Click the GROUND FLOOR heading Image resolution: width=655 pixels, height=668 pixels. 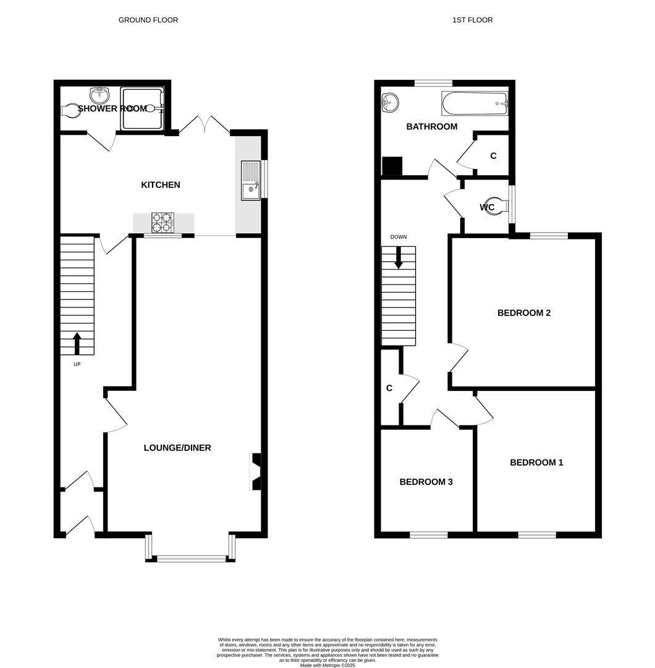pyautogui.click(x=148, y=20)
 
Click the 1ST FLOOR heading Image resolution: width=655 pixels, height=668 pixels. pyautogui.click(x=472, y=20)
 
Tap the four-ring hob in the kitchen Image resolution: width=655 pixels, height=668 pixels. pyautogui.click(x=163, y=223)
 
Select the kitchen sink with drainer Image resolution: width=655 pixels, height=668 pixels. pyautogui.click(x=251, y=181)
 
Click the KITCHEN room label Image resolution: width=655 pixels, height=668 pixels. pyautogui.click(x=161, y=185)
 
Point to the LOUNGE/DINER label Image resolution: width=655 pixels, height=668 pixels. pyautogui.click(x=177, y=448)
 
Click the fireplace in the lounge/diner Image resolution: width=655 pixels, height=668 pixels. pyautogui.click(x=256, y=471)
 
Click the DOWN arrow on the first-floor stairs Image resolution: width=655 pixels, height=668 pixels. pyautogui.click(x=399, y=257)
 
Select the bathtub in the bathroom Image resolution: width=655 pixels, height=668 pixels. pyautogui.click(x=475, y=103)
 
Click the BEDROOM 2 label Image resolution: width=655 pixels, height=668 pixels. pyautogui.click(x=524, y=313)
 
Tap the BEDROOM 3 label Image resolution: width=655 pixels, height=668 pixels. pyautogui.click(x=426, y=482)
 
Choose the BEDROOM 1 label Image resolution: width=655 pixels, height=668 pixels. pyautogui.click(x=536, y=463)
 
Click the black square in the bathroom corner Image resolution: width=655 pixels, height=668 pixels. pyautogui.click(x=392, y=166)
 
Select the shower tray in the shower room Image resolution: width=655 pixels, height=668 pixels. pyautogui.click(x=142, y=109)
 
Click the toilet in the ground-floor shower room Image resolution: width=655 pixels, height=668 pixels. pyautogui.click(x=73, y=110)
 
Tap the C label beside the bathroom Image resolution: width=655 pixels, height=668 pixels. pyautogui.click(x=493, y=156)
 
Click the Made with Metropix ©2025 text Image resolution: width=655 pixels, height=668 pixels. pyautogui.click(x=327, y=665)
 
